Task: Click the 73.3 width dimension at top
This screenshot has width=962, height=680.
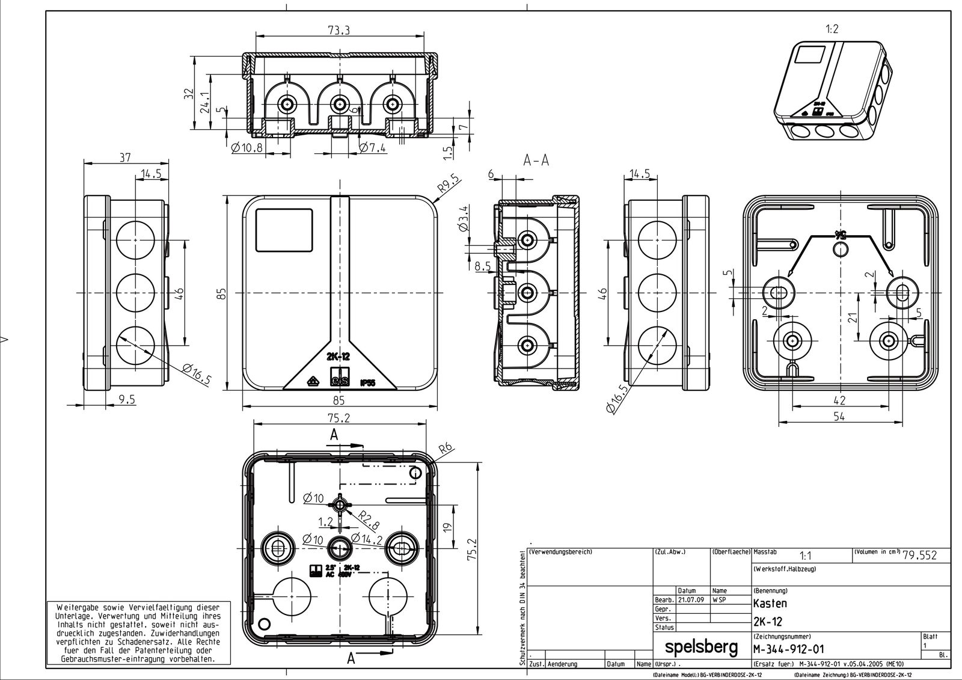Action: point(339,31)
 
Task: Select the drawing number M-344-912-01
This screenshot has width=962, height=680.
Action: point(788,649)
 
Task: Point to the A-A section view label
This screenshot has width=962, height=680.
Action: point(536,161)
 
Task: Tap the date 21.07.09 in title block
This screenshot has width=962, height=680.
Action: point(691,600)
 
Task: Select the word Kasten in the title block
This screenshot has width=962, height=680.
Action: point(770,603)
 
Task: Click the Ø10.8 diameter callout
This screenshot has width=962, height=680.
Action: point(247,148)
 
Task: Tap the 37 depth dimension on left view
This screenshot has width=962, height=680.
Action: point(124,158)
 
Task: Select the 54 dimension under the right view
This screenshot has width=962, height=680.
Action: point(839,416)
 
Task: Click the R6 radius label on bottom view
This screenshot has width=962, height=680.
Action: point(446,449)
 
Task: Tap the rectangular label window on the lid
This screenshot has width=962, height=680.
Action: point(284,230)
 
